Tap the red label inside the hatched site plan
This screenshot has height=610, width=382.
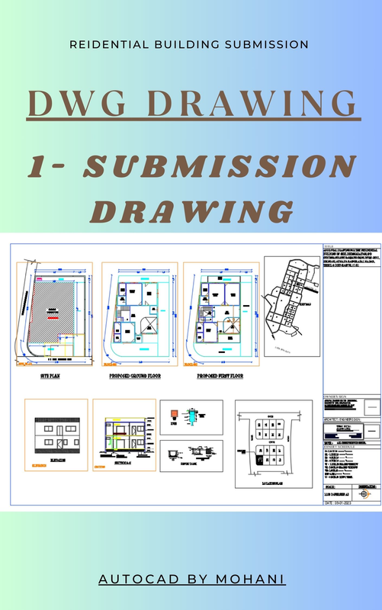click(53, 313)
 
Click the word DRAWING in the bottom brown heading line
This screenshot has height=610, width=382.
click(191, 210)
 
